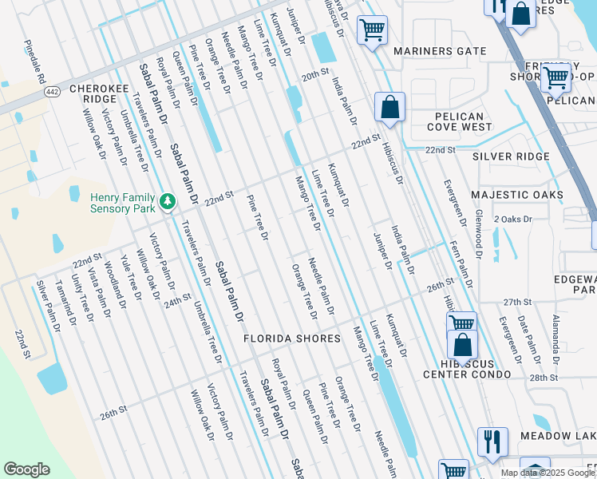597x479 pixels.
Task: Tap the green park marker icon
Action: (168, 201)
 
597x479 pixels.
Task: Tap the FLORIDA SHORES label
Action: (293, 338)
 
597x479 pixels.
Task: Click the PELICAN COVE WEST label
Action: (459, 121)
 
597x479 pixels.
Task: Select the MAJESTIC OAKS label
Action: (517, 195)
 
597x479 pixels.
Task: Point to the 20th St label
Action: (315, 75)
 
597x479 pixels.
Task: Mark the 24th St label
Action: (178, 301)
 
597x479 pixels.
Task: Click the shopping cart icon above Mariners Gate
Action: (372, 30)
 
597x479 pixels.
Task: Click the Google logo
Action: (26, 469)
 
